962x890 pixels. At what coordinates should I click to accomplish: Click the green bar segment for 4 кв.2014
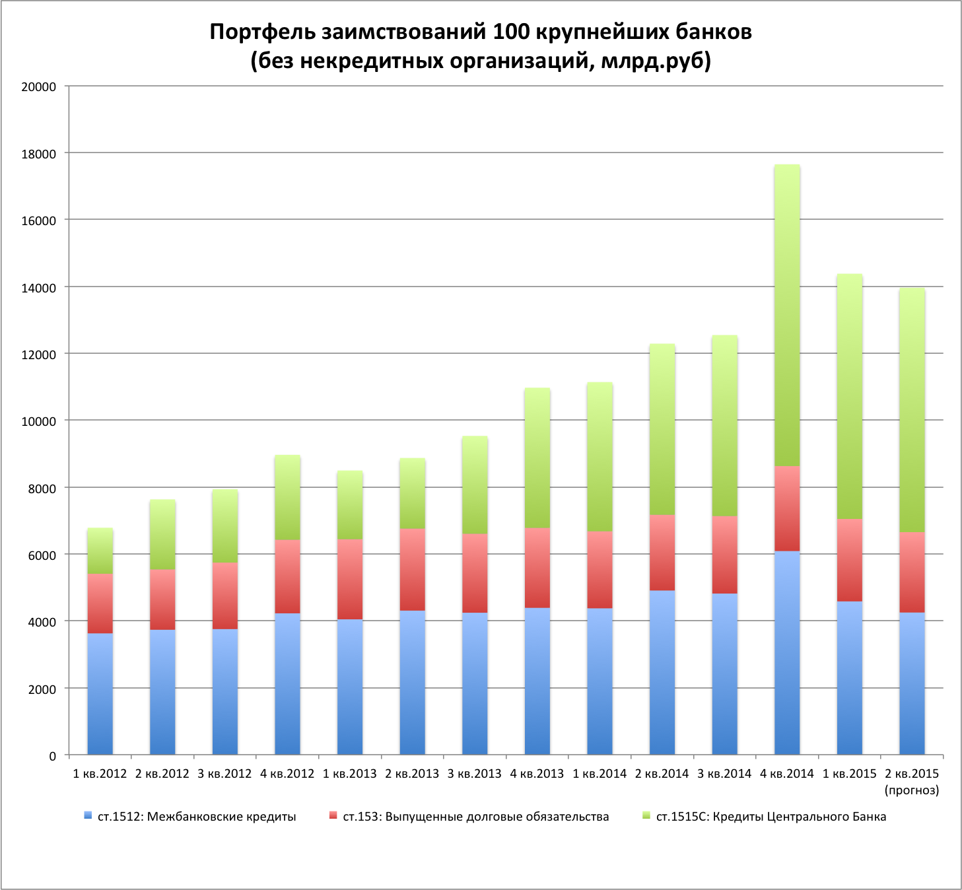point(787,316)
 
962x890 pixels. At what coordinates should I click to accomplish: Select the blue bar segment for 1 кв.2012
point(100,694)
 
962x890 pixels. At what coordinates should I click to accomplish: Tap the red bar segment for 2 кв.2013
point(413,569)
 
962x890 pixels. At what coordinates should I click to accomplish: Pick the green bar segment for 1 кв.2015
point(849,396)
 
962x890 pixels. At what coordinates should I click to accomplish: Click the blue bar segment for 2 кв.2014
point(662,672)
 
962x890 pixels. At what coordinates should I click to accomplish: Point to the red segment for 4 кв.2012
point(287,576)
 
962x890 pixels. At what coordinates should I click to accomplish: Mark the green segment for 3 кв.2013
point(475,485)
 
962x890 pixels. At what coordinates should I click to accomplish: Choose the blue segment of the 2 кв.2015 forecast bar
point(912,683)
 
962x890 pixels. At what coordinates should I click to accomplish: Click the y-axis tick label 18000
point(39,154)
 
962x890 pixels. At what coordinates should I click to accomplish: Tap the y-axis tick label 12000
point(39,355)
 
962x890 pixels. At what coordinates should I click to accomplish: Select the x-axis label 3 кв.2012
point(224,774)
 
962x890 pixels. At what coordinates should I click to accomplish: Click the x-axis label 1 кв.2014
point(600,774)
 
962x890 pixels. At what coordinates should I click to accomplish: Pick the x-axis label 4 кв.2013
point(537,774)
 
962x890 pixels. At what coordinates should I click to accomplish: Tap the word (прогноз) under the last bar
point(911,790)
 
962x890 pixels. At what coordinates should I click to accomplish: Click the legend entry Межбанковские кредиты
point(197,817)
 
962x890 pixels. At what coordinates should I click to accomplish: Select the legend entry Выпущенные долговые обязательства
point(475,817)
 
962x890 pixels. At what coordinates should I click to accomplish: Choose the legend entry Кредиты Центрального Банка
point(771,817)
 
